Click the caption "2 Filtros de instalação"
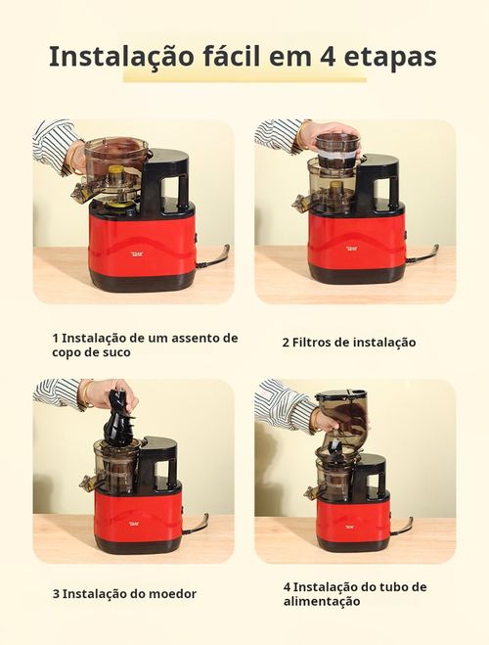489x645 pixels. (349, 343)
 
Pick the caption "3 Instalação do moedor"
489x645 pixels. (124, 593)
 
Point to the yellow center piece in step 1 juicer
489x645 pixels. (116, 178)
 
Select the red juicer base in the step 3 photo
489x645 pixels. (138, 517)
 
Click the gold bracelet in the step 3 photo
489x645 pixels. (86, 394)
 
